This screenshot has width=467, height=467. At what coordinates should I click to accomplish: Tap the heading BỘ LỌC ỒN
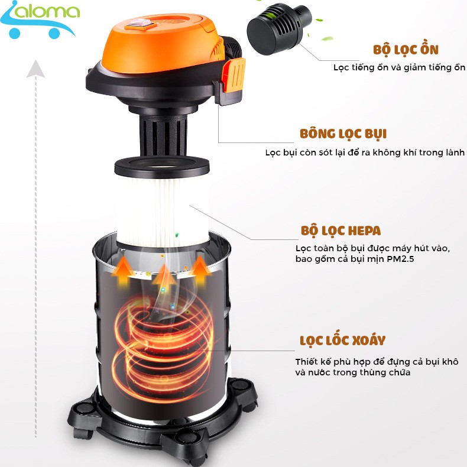tap(406, 50)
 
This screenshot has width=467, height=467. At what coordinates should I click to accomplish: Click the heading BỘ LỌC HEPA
tap(340, 230)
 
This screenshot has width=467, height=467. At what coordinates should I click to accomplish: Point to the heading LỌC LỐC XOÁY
tap(342, 340)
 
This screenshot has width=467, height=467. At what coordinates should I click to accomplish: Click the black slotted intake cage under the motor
tap(162, 131)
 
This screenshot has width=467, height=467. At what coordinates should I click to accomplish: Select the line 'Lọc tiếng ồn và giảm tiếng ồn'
tap(399, 67)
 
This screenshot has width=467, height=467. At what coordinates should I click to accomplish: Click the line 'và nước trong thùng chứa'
tap(352, 372)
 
